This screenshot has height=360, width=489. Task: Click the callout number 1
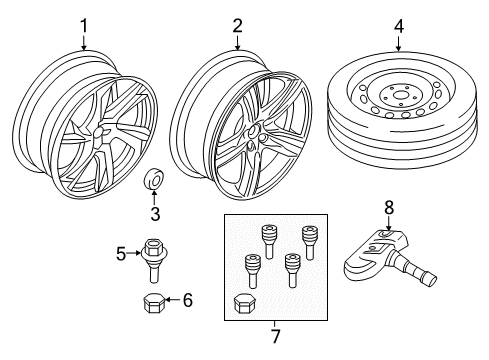click(x=84, y=26)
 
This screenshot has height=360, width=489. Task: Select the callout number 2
click(x=237, y=26)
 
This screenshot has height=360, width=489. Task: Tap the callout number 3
click(x=155, y=212)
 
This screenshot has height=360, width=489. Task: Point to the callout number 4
click(x=398, y=26)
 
